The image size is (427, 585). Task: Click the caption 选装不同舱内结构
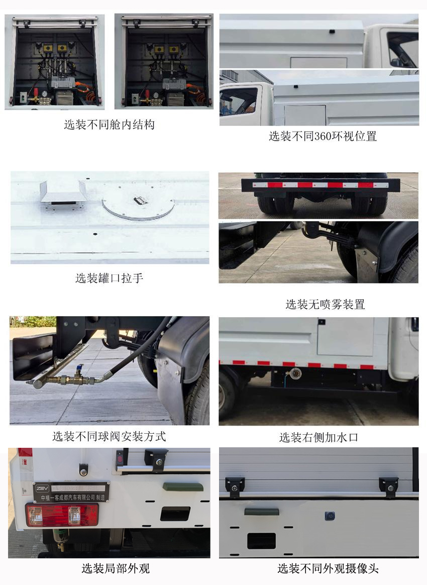click(109, 125)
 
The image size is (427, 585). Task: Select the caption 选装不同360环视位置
click(323, 136)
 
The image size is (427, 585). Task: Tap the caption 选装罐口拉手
click(109, 277)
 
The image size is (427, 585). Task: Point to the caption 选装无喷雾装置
click(325, 304)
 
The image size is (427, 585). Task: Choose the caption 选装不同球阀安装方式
click(109, 436)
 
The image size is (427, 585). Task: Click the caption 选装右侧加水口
click(318, 437)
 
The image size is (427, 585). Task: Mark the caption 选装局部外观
click(116, 568)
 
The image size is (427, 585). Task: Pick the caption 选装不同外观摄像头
click(328, 568)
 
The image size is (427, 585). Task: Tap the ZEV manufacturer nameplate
click(71, 492)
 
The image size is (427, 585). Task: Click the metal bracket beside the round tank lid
click(63, 193)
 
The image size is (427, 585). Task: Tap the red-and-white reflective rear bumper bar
click(321, 185)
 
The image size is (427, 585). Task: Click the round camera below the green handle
click(329, 515)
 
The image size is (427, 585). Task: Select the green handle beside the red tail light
click(183, 486)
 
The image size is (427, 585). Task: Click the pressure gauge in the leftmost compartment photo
click(44, 93)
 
